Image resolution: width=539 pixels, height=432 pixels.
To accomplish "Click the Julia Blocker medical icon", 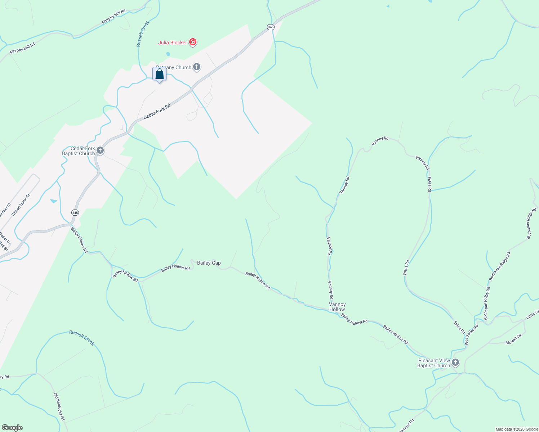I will [x=193, y=42].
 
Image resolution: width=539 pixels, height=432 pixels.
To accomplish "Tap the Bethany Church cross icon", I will [x=197, y=67].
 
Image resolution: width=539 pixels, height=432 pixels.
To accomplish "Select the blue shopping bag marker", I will [x=159, y=74].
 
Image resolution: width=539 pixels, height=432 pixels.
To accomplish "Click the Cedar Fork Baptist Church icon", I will [x=100, y=150].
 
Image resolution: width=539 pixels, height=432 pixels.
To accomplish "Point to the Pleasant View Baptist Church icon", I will [x=455, y=362].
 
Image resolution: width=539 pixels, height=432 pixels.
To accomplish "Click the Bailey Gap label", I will [x=209, y=263].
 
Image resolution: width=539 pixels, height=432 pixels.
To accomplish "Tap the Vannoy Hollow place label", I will [x=337, y=307].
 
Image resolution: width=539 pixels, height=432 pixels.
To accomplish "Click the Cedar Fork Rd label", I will [x=157, y=112].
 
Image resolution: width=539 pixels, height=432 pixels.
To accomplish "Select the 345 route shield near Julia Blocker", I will [x=271, y=27].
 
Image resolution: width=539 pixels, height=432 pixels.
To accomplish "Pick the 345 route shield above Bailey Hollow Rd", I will [x=75, y=213].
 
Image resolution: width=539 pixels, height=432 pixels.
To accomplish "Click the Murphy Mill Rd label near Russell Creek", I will [x=113, y=17].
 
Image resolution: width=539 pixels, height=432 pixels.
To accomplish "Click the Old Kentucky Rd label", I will [x=59, y=407].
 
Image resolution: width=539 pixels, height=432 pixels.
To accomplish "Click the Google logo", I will [x=12, y=428].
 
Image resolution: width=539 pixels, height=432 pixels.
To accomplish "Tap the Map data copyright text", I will [x=516, y=429].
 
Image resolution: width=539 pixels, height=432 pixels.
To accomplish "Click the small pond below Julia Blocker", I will [x=168, y=54].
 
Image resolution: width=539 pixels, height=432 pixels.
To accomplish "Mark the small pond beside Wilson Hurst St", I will [x=54, y=201].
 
